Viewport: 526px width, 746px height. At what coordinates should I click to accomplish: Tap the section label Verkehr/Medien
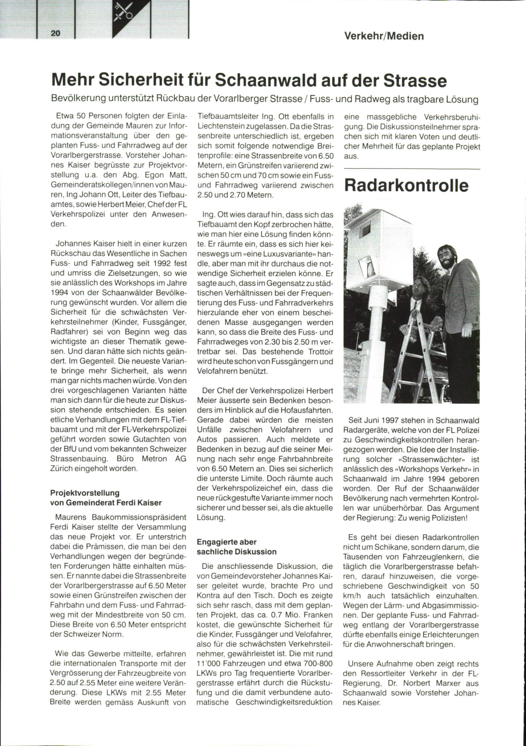click(x=384, y=36)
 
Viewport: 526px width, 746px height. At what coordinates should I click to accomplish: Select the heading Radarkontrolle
click(x=406, y=185)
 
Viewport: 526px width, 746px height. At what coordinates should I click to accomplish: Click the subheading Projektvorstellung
click(x=85, y=493)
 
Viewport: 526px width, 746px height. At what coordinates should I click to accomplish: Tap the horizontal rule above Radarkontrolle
click(x=412, y=169)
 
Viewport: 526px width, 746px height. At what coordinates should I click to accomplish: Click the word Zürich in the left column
click(x=64, y=469)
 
